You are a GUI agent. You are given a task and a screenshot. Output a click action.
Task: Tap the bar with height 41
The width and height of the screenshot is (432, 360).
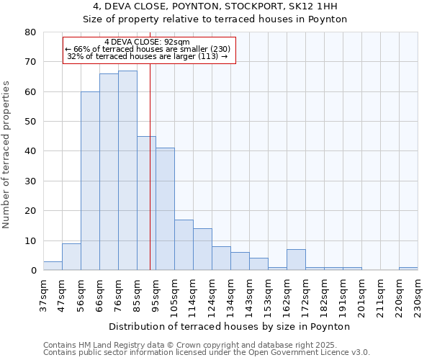(165, 209)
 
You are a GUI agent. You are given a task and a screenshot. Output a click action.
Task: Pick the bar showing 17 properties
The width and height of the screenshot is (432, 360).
(184, 245)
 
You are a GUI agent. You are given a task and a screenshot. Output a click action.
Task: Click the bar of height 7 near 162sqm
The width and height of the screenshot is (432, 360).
(296, 260)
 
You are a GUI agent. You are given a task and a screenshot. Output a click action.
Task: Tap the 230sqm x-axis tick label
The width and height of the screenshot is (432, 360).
(418, 294)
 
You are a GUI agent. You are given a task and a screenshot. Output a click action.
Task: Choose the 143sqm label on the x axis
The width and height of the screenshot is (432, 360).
(249, 294)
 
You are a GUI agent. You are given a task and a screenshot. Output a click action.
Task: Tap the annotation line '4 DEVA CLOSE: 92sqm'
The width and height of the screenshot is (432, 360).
(147, 42)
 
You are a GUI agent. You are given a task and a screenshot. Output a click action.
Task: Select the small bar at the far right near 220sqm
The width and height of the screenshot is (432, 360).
(408, 269)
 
